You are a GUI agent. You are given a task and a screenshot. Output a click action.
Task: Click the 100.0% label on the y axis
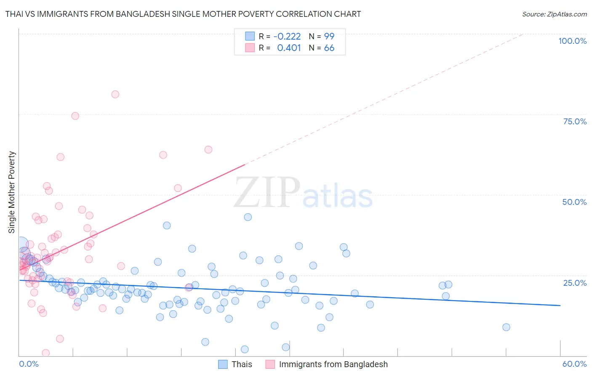(572, 41)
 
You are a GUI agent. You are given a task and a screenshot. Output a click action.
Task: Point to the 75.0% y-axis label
(575, 121)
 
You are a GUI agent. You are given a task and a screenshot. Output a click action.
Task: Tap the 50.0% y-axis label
(574, 202)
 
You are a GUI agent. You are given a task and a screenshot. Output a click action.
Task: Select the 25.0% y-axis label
(575, 282)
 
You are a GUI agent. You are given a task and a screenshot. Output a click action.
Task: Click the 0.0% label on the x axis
(29, 364)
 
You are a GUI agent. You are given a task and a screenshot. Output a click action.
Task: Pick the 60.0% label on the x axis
(574, 364)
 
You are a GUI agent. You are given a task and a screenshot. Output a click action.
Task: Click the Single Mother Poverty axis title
(12, 192)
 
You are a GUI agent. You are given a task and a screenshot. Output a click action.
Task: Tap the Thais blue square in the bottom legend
(223, 364)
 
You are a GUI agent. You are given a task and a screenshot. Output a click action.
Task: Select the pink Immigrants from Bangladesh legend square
(270, 364)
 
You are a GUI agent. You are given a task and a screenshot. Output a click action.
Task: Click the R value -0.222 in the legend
(287, 36)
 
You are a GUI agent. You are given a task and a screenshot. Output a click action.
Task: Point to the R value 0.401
(289, 48)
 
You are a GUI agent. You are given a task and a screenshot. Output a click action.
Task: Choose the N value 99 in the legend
(329, 36)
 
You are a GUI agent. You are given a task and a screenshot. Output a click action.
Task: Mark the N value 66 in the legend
(329, 48)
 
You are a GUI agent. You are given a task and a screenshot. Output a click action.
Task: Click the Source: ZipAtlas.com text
(554, 14)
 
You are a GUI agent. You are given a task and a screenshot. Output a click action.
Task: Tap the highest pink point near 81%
(115, 94)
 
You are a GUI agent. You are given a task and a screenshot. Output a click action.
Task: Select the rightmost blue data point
(506, 327)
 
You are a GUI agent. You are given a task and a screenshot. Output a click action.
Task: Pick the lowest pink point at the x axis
(45, 353)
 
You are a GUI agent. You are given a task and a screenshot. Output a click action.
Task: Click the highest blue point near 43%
(248, 217)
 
